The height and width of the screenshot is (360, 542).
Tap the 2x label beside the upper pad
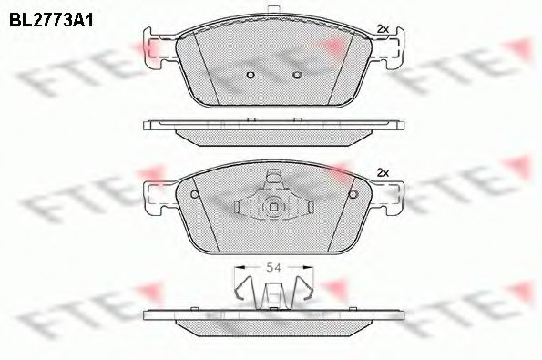tap(383, 30)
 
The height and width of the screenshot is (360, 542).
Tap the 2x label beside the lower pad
tap(383, 173)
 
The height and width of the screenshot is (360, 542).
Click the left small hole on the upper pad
tap(251, 76)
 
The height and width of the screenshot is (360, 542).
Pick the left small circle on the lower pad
tap(196, 194)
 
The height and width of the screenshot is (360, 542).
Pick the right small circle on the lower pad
tap(353, 194)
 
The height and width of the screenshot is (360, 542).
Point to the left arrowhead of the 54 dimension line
tap(239, 266)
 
